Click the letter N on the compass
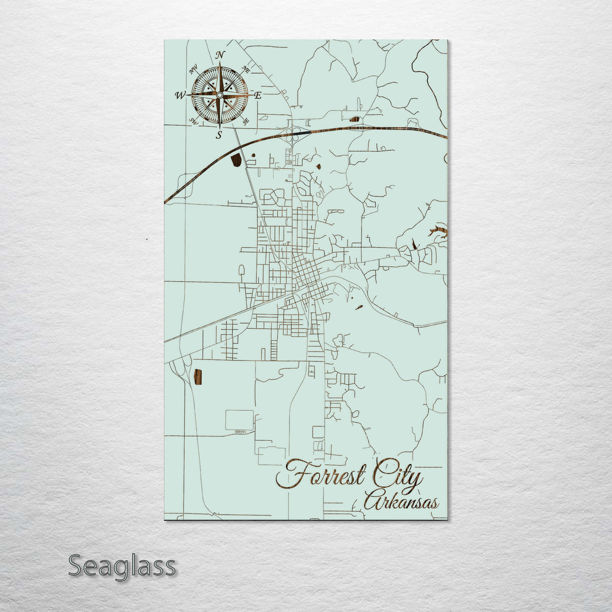click(220, 55)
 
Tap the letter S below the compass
click(219, 135)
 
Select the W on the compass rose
click(180, 95)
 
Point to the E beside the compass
click(257, 95)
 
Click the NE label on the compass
click(246, 69)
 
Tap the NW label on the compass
click(193, 70)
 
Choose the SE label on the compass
click(246, 121)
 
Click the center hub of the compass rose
click(219, 95)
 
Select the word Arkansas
click(401, 502)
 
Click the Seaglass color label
click(122, 566)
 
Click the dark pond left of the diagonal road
click(236, 160)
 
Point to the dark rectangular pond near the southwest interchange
click(198, 377)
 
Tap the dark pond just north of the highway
click(355, 119)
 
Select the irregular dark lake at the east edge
click(439, 231)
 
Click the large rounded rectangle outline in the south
click(240, 420)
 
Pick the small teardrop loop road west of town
click(241, 270)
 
